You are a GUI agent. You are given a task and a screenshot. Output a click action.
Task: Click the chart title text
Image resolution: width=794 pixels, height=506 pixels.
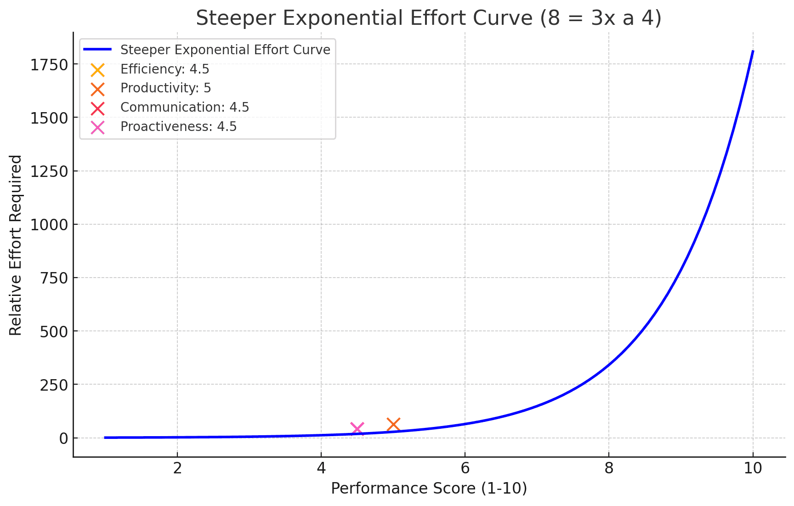click(428, 18)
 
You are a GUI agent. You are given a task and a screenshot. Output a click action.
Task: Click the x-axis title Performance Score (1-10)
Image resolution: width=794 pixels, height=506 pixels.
click(429, 488)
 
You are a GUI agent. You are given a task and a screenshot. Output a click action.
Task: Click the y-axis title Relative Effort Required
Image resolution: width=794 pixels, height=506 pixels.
click(16, 245)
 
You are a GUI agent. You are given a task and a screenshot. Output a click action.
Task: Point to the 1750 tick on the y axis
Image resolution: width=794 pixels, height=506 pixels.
click(49, 65)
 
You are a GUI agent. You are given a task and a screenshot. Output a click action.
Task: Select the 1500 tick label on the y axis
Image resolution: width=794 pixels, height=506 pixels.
click(49, 118)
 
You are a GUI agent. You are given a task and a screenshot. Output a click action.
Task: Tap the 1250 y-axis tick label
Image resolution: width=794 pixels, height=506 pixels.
click(49, 171)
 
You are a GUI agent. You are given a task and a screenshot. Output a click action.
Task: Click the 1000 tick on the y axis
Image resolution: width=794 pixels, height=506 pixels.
click(49, 225)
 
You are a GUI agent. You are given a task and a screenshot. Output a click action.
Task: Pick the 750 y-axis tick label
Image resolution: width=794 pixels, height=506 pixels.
click(54, 278)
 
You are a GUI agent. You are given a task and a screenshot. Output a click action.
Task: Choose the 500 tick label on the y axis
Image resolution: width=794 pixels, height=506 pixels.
click(54, 331)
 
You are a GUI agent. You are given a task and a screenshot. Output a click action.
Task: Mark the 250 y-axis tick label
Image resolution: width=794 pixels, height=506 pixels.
click(54, 385)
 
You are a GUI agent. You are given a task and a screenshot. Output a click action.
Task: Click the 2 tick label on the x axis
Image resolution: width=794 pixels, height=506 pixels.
click(177, 468)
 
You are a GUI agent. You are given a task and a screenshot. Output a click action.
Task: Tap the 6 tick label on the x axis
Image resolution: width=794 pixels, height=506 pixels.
click(465, 468)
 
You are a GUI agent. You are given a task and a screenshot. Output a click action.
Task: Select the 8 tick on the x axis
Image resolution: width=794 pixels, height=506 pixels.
click(609, 468)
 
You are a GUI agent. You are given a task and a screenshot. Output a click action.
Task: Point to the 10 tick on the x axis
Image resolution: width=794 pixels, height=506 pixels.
click(753, 468)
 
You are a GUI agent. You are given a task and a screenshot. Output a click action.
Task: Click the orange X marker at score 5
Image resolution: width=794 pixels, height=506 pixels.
click(393, 425)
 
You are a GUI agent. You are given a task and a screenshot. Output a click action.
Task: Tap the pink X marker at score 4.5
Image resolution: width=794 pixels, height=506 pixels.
click(357, 429)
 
